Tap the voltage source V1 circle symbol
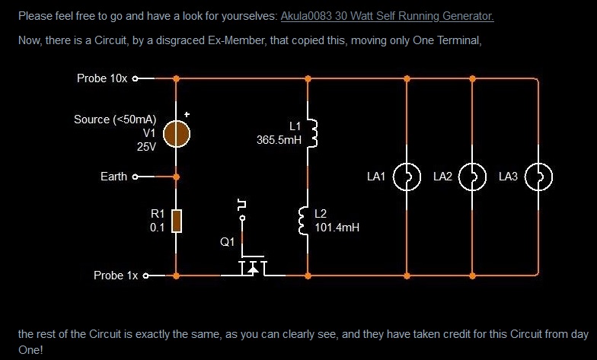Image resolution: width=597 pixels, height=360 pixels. pyautogui.click(x=177, y=134)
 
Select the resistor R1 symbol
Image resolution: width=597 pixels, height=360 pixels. pyautogui.click(x=177, y=221)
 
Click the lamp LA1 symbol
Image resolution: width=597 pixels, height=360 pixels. pyautogui.click(x=407, y=177)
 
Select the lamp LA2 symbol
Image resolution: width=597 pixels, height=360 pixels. pyautogui.click(x=473, y=177)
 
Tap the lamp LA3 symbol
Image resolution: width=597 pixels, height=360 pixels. pyautogui.click(x=539, y=177)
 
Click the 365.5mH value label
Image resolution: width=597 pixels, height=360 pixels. pyautogui.click(x=279, y=139)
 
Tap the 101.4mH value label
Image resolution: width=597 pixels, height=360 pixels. pyautogui.click(x=337, y=227)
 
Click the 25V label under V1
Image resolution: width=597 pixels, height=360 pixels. pyautogui.click(x=146, y=147)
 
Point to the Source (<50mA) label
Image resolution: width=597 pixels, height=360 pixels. pyautogui.click(x=115, y=119)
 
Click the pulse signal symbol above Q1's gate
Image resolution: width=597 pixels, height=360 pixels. pyautogui.click(x=242, y=203)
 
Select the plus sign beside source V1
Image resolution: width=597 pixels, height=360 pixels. pyautogui.click(x=187, y=116)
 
